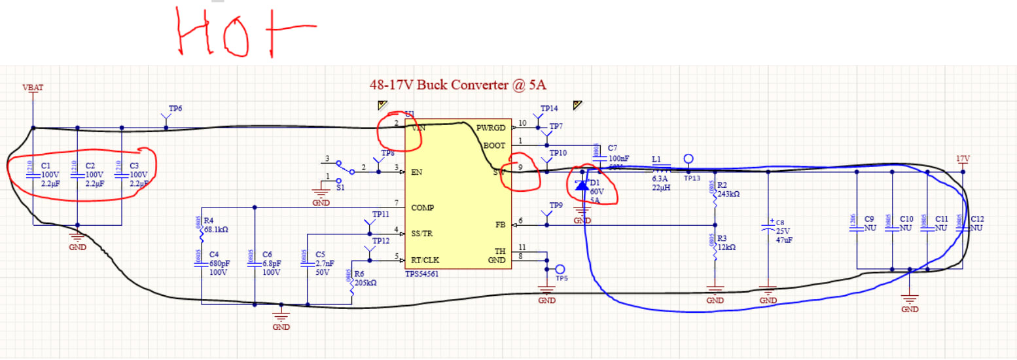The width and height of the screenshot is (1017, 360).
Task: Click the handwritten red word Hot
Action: point(245,33)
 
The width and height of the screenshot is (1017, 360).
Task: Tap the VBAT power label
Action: point(33,87)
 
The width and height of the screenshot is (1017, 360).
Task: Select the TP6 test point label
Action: point(175,109)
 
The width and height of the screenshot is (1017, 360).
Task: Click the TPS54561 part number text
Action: point(422,274)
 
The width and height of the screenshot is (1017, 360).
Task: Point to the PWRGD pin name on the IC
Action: point(491,128)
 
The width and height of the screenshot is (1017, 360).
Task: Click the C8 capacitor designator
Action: point(779,223)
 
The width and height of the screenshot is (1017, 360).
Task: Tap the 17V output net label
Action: point(962,158)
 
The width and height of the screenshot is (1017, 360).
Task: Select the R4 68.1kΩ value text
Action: point(217,230)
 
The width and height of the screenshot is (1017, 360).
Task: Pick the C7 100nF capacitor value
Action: point(618,158)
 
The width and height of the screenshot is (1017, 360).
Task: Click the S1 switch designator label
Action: point(340,187)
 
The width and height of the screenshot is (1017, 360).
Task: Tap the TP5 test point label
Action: point(562,278)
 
